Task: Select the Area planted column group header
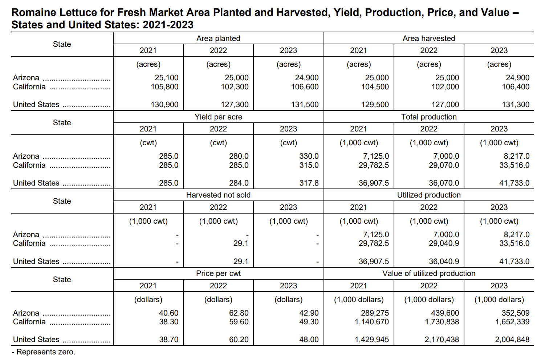click(x=218, y=38)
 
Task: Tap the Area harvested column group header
click(x=429, y=38)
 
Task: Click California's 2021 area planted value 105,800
click(x=164, y=87)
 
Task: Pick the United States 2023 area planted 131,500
click(x=305, y=105)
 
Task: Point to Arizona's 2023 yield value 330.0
click(x=309, y=156)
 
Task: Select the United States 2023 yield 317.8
click(x=309, y=183)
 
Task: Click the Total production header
click(x=429, y=117)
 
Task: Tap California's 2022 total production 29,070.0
click(x=444, y=165)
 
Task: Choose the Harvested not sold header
click(x=218, y=195)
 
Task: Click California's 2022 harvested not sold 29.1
click(x=241, y=243)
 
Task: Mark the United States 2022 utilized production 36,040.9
click(x=444, y=261)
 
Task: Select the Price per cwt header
click(x=218, y=273)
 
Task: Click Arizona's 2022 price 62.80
click(x=239, y=313)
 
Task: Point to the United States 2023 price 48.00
click(x=309, y=340)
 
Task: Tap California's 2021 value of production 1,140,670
click(x=372, y=322)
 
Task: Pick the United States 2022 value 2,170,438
click(x=442, y=340)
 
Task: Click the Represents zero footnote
click(x=44, y=352)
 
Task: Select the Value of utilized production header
click(x=429, y=273)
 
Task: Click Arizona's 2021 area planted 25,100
click(x=166, y=78)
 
